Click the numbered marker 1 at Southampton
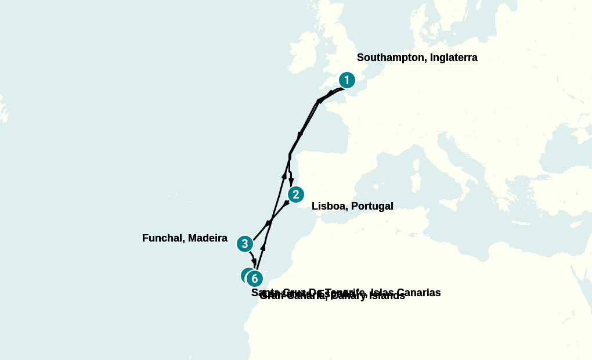[346, 80]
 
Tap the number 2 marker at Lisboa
[295, 195]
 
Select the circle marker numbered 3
[245, 244]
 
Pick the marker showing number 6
[255, 279]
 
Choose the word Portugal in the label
[371, 206]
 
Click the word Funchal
[163, 238]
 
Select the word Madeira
[208, 238]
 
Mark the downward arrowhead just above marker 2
[291, 182]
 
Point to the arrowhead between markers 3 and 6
[254, 263]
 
